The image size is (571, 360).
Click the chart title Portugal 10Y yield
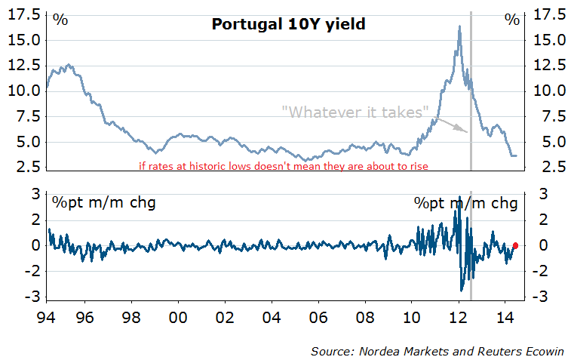288,24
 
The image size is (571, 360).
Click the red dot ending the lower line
515,245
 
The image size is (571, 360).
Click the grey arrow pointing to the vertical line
453,126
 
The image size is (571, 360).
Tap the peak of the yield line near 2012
459,26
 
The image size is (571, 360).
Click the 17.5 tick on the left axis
24,14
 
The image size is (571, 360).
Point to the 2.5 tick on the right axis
548,167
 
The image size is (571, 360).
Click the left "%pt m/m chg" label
103,202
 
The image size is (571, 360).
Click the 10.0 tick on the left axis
24,91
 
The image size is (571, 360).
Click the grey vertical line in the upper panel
471,91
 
